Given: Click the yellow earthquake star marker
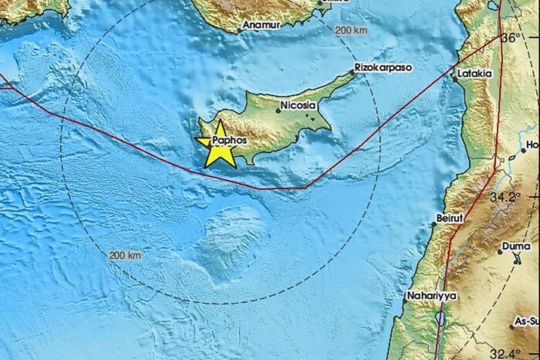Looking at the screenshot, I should click(220, 146).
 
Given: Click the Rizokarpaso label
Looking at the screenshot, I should click(383, 68).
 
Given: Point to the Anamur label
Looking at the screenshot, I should click(259, 26).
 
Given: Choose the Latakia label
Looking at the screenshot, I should click(474, 74).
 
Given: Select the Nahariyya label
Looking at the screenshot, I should click(431, 295).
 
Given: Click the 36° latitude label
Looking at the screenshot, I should click(511, 38).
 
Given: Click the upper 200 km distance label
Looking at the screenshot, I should click(351, 30).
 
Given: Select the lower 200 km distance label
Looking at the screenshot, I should click(125, 256).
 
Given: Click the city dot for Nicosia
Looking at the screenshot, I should click(278, 110).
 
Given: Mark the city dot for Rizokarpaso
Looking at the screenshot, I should click(352, 73).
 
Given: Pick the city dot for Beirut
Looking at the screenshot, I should click(434, 225).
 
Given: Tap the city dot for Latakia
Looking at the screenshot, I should click(454, 76).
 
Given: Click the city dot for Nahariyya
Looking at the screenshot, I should click(404, 301).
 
